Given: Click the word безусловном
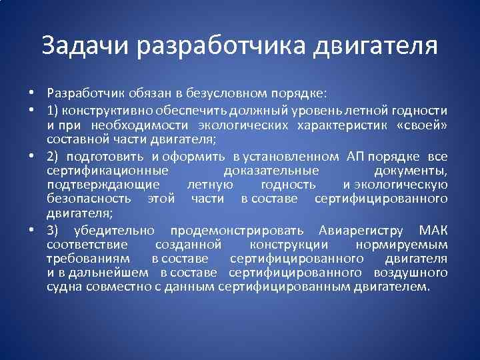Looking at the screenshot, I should point(224,93).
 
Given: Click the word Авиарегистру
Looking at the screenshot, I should point(361,231).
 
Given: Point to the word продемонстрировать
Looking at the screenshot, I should point(237,231).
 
